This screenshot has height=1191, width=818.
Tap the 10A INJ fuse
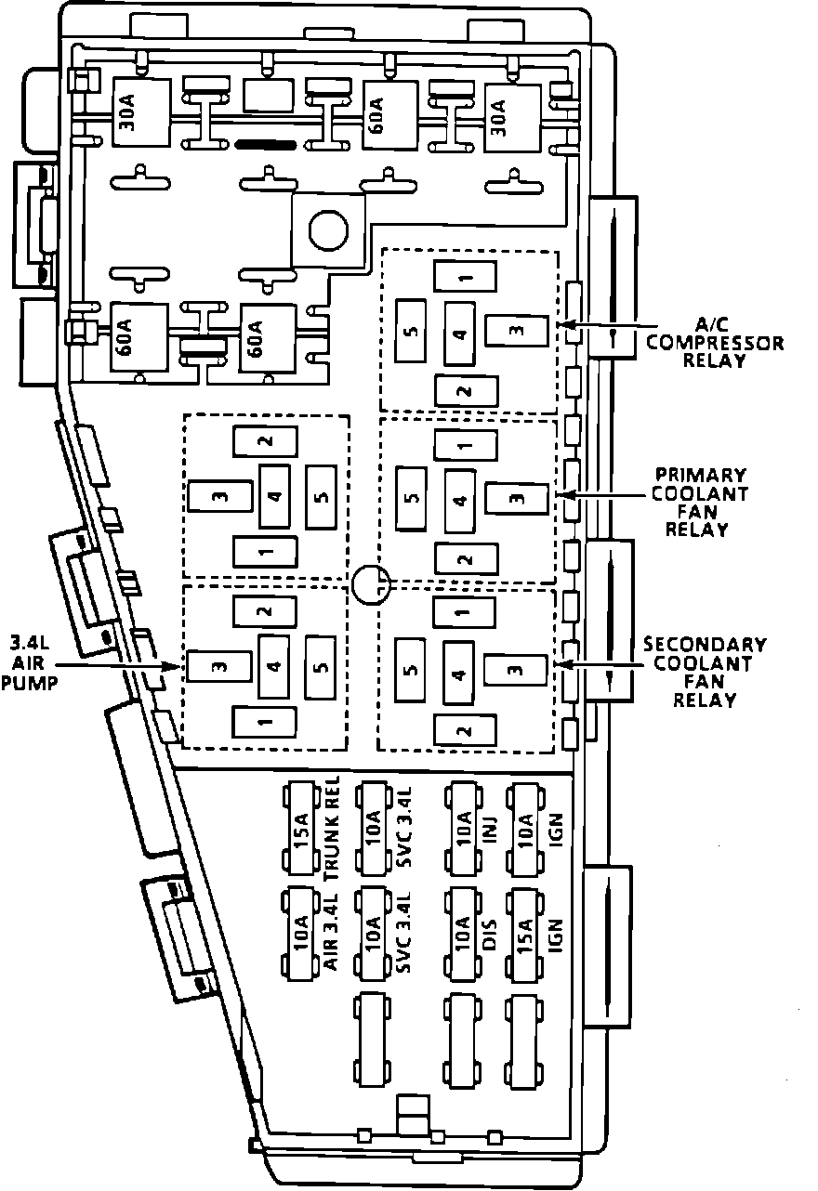point(464,829)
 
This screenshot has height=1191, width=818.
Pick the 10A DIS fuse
point(464,934)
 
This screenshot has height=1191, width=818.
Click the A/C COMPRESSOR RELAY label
point(715,341)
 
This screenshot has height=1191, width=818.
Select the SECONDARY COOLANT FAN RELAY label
point(705,672)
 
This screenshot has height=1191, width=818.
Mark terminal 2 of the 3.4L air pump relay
point(265,610)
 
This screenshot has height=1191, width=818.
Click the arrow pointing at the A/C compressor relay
point(604,325)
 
